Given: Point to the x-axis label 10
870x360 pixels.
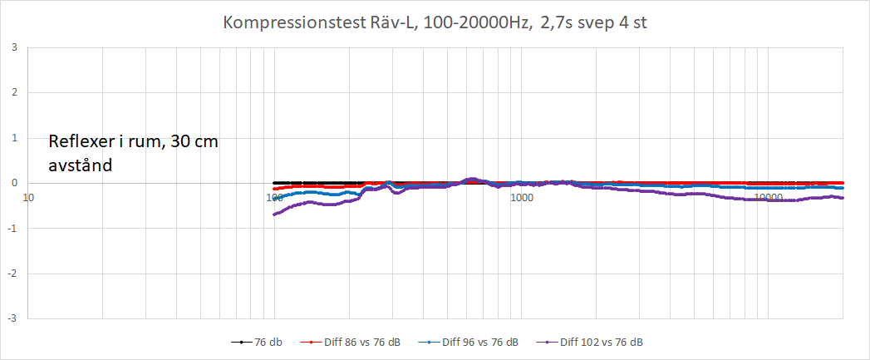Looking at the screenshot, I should click(28, 198).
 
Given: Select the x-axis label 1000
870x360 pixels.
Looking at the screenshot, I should click(522, 198).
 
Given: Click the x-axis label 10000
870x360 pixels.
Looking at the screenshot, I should click(769, 198).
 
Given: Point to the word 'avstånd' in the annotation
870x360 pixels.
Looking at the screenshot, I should click(81, 165).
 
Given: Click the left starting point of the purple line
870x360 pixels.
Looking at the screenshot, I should click(274, 215).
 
